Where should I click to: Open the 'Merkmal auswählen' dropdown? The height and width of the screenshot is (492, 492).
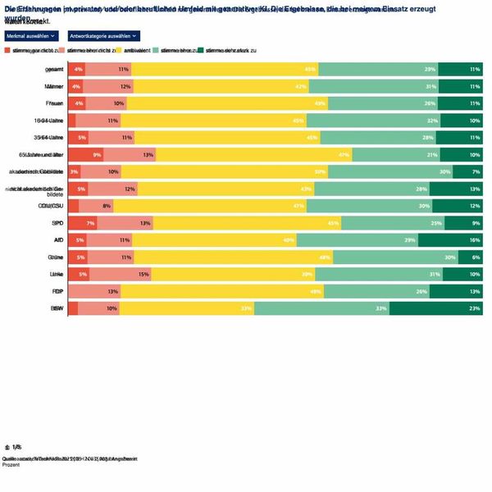(x=31, y=36)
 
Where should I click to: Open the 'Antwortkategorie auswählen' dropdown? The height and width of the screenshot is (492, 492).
(x=104, y=36)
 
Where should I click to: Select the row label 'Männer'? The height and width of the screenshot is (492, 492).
(x=54, y=86)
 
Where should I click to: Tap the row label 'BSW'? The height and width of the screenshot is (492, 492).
(x=57, y=308)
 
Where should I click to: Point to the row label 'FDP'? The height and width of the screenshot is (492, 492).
(x=57, y=291)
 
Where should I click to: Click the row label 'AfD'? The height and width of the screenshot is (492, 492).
(x=57, y=239)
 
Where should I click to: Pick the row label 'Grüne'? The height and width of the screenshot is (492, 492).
(x=55, y=257)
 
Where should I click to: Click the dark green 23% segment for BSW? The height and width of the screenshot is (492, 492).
(x=435, y=308)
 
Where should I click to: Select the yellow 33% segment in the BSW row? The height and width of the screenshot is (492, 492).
(x=187, y=308)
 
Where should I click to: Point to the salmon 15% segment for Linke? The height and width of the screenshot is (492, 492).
(x=120, y=274)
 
